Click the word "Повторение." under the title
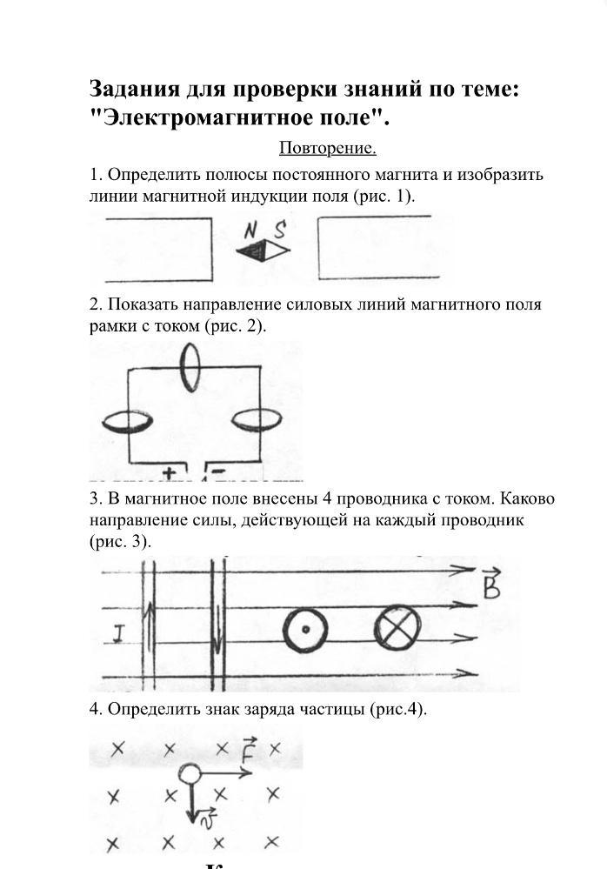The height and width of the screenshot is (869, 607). tap(327, 148)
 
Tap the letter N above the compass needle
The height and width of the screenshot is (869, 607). tap(250, 231)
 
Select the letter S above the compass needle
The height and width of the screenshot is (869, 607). tap(280, 230)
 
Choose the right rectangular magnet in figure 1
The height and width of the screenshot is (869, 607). tap(384, 249)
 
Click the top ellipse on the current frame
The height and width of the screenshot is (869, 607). tap(190, 367)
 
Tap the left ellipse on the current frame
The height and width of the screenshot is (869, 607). tap(128, 422)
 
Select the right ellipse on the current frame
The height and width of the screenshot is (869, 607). tap(257, 420)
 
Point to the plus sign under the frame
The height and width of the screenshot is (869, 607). tap(168, 474)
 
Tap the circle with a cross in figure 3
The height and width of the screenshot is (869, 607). tap(397, 628)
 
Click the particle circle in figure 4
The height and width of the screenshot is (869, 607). tap(190, 774)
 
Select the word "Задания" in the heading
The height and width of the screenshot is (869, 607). tap(134, 89)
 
